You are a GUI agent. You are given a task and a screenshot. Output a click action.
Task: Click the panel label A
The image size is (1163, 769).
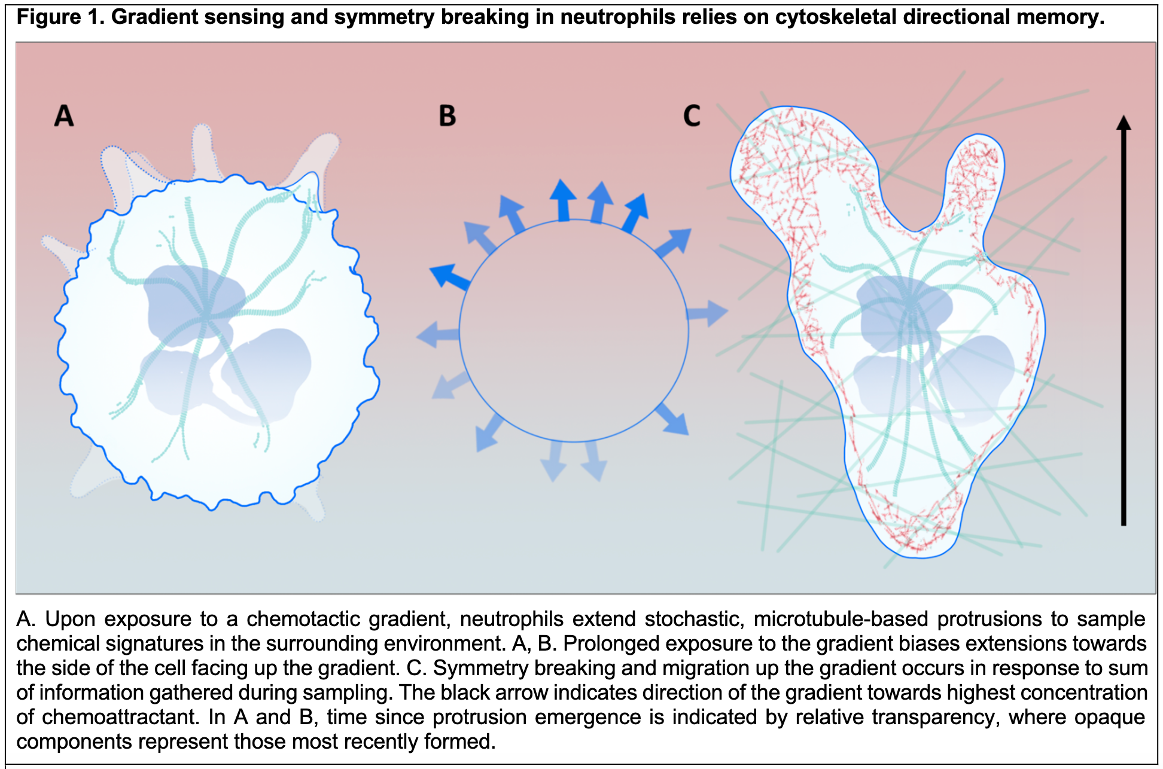[64, 115]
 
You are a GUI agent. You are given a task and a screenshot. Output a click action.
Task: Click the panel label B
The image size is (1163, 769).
[447, 116]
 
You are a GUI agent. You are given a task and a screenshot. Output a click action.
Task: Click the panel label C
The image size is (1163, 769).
[692, 116]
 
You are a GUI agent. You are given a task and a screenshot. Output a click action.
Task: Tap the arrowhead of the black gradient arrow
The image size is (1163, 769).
[1124, 123]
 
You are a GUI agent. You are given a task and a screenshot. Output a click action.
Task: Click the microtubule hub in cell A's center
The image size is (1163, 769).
[206, 315]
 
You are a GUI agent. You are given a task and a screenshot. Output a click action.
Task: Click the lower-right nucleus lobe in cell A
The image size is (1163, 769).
[266, 371]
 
